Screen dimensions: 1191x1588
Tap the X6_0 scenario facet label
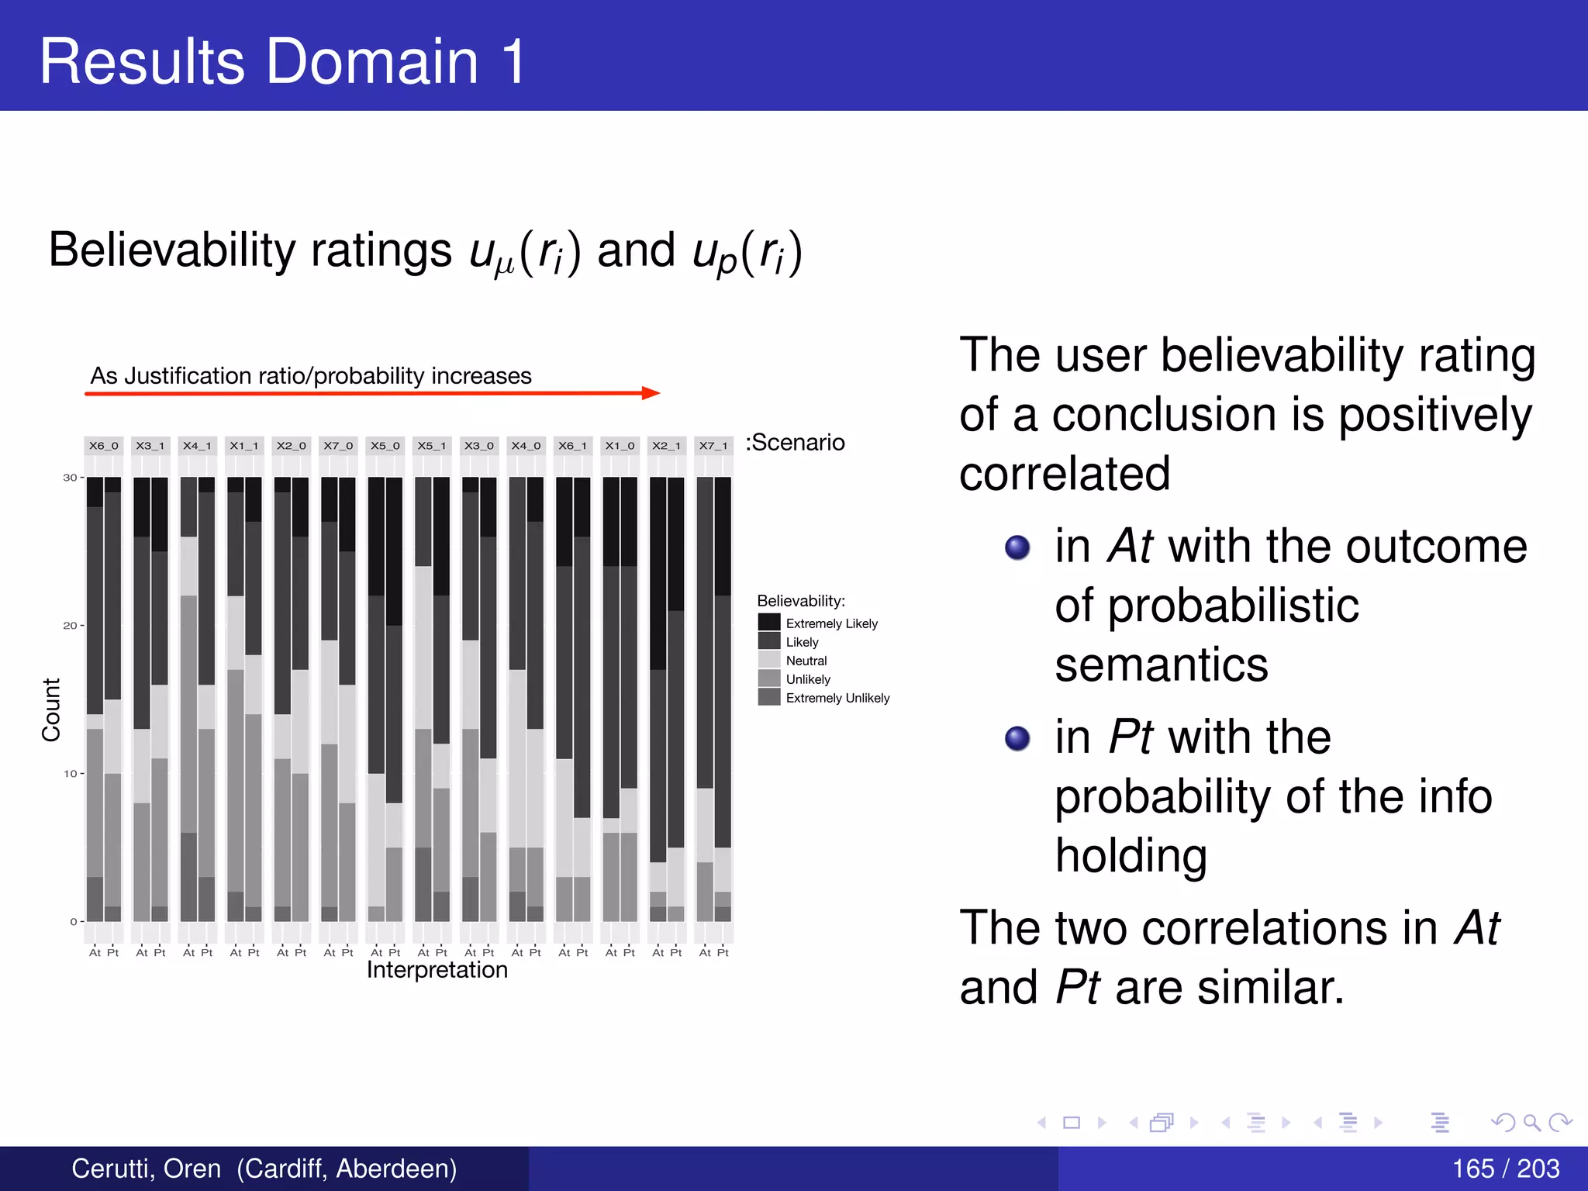(x=103, y=446)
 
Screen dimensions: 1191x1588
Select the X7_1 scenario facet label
(x=713, y=446)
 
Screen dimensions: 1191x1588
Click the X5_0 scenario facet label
(x=385, y=446)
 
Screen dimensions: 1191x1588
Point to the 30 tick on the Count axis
(x=71, y=478)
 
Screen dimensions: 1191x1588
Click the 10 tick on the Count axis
(x=71, y=774)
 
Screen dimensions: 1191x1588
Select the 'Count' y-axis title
(x=51, y=709)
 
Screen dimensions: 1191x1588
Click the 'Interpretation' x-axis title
(x=437, y=970)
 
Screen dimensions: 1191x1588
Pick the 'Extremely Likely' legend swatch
(x=769, y=623)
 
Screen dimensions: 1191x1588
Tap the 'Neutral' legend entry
(x=806, y=661)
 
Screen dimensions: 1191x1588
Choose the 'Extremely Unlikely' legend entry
(x=837, y=698)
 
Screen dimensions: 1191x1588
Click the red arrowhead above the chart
(x=651, y=393)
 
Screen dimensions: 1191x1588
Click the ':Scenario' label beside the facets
(x=795, y=443)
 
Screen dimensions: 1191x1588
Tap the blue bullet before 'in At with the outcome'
(x=1017, y=547)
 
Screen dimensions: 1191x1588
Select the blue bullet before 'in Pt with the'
(x=1017, y=738)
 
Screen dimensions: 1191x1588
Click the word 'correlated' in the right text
(x=1065, y=474)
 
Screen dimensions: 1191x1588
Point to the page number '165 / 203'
(x=1505, y=1169)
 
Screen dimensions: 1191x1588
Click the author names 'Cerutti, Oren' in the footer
(x=147, y=1169)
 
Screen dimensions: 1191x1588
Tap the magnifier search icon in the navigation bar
(x=1531, y=1122)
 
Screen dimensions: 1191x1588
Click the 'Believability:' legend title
(x=801, y=601)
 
